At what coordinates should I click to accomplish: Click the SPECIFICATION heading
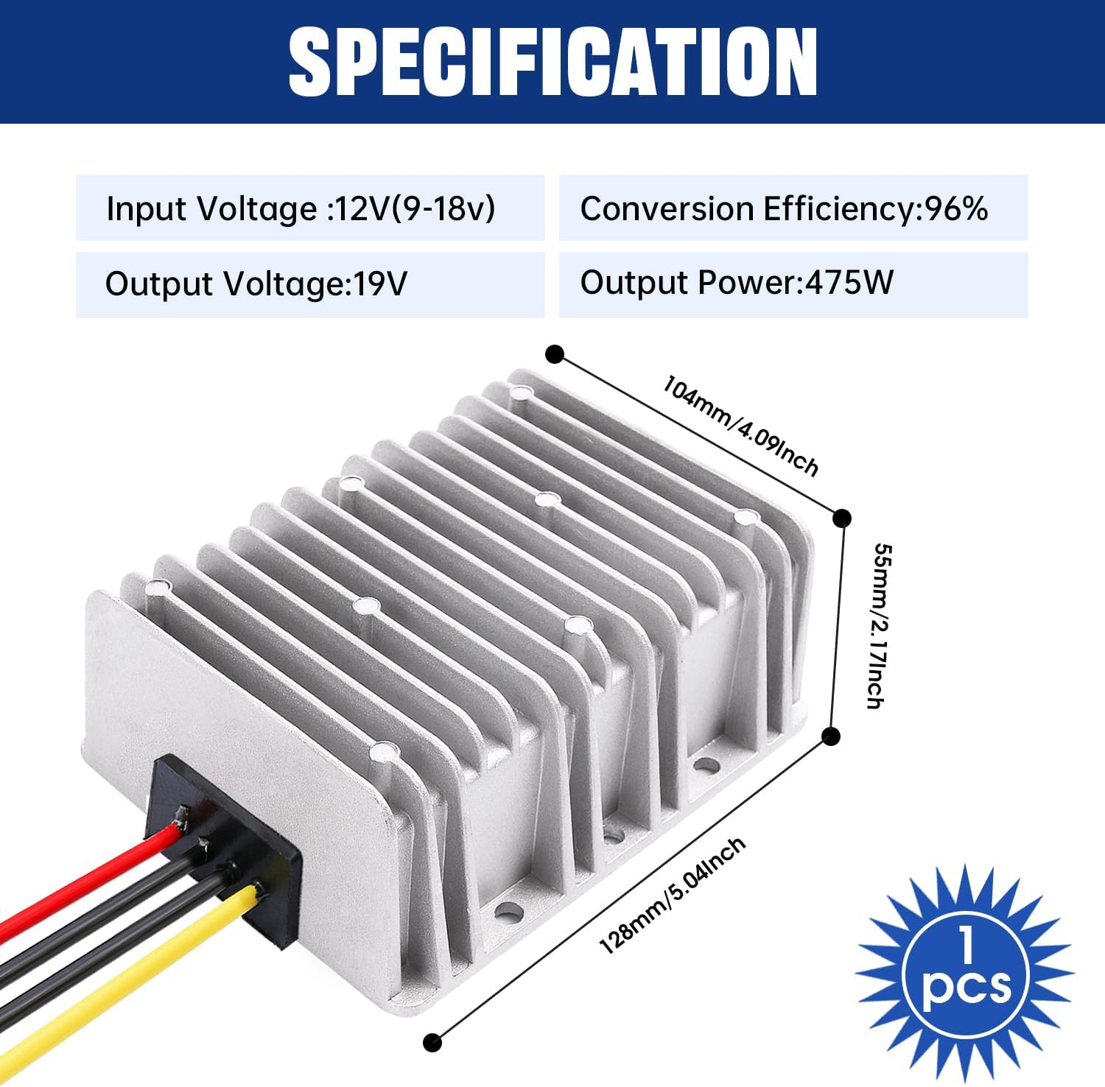point(552,62)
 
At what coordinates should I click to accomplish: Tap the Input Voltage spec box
point(310,208)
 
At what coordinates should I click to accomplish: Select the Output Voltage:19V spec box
point(310,284)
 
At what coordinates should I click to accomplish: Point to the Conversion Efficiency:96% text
point(783,208)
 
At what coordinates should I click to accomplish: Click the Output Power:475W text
point(737,283)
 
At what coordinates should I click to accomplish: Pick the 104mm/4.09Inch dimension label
point(740,425)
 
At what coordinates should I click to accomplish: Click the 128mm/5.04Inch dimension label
point(673,896)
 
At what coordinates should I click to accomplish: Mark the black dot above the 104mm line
point(555,354)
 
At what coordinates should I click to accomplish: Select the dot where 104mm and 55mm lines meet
point(841,518)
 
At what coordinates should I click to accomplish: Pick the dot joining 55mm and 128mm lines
point(830,735)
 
